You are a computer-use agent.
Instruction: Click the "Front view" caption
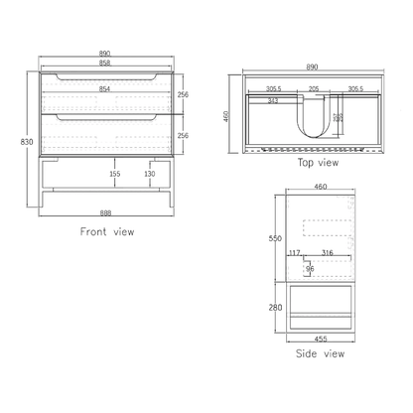point(106,231)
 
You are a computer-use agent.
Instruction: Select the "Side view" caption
point(320,352)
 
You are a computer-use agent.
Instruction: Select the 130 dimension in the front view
point(149,174)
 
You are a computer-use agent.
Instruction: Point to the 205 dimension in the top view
point(313,88)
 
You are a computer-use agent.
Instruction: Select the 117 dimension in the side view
point(294,253)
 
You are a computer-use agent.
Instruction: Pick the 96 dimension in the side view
point(309,268)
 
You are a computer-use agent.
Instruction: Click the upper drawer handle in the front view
point(106,77)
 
